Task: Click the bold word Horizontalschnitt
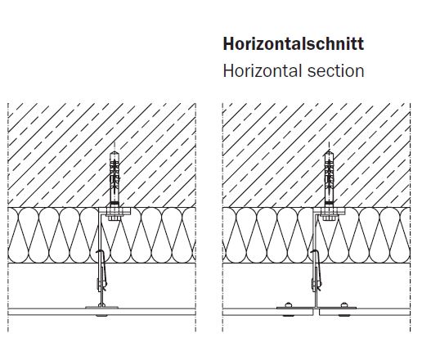coord(294,43)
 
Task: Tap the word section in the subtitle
coord(336,71)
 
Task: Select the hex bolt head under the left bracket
coord(114,218)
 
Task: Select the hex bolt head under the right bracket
coord(329,218)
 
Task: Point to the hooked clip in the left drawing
coord(101,269)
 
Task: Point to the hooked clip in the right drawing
coord(316,269)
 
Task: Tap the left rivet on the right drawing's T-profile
coord(288,304)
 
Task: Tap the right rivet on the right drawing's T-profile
coord(343,304)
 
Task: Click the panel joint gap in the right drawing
coord(317,312)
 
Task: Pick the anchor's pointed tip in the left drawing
coord(114,151)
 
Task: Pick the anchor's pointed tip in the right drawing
coord(330,151)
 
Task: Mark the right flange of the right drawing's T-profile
coord(337,308)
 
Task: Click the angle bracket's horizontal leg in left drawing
coord(114,211)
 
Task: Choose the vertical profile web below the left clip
coord(101,297)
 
